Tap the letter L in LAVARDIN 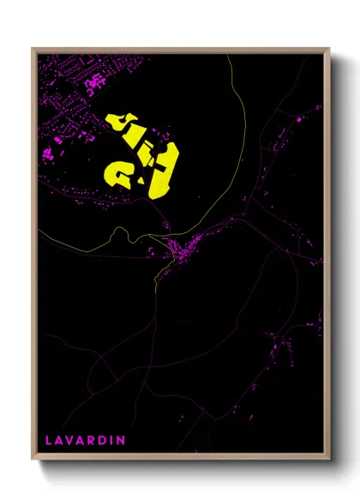49,440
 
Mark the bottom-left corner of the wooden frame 32,461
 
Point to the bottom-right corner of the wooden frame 330,461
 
